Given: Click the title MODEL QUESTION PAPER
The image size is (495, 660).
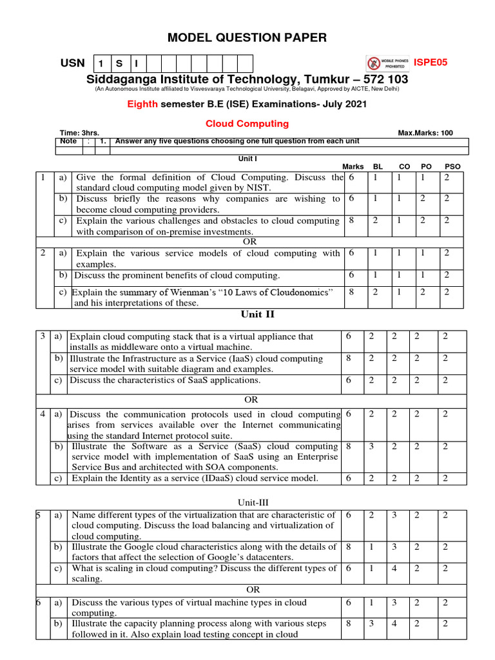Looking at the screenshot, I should pyautogui.click(x=247, y=38).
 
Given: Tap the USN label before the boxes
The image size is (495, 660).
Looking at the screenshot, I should pyautogui.click(x=72, y=63).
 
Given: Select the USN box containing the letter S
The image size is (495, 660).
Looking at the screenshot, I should pyautogui.click(x=120, y=63).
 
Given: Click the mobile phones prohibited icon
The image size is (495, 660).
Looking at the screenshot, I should pyautogui.click(x=374, y=63).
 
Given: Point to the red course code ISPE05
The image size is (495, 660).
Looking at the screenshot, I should pyautogui.click(x=430, y=63).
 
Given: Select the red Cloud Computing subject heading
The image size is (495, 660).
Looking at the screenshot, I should pyautogui.click(x=247, y=123).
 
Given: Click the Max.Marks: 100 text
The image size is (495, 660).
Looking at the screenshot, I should pyautogui.click(x=425, y=133).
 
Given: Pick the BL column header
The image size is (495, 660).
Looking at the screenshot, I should pyautogui.click(x=378, y=166).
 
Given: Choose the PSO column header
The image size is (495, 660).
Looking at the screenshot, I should pyautogui.click(x=452, y=166).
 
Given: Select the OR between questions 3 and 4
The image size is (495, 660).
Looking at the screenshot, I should pyautogui.click(x=251, y=400).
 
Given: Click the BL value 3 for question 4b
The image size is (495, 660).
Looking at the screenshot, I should pyautogui.click(x=371, y=446).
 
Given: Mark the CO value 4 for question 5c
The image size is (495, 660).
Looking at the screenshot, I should pyautogui.click(x=394, y=568).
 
